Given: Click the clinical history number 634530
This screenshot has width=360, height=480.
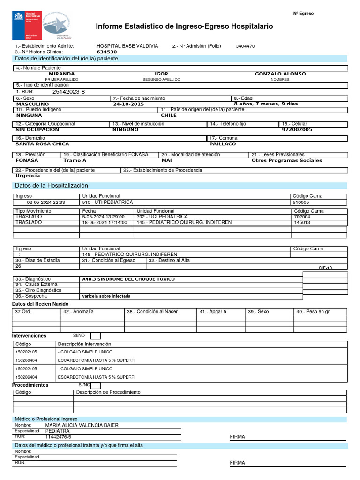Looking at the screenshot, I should [106, 52].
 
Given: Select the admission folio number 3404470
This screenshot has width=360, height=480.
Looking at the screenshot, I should [245, 46].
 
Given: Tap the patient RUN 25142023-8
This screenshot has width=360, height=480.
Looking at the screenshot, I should [68, 92].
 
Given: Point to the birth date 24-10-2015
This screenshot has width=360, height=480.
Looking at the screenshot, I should [128, 104].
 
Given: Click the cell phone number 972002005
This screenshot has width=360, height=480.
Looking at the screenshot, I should [297, 129].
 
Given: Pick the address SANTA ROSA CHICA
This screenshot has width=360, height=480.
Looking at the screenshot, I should [42, 144].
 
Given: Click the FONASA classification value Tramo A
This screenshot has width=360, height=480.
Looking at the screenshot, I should [75, 160].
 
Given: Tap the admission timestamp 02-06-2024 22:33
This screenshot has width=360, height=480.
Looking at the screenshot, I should [46, 202].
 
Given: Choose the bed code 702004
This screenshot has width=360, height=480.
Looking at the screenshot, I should [302, 217].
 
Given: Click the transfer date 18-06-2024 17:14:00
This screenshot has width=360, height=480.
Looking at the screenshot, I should [105, 223].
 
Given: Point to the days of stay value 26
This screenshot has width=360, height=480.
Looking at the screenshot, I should [19, 266].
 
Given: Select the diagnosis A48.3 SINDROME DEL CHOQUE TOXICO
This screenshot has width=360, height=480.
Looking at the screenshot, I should [128, 279].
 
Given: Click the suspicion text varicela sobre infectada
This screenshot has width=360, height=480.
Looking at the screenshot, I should [106, 296].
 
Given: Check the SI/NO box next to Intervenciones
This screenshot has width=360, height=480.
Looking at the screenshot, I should [95, 336].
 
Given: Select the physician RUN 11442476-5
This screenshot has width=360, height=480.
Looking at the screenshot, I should [58, 437].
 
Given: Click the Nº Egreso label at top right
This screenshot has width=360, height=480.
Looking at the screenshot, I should [303, 14].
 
